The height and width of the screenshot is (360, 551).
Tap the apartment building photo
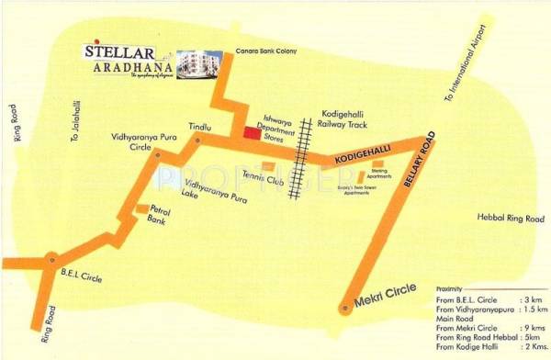coord(199,63)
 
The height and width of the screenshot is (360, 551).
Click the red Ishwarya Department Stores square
coord(251,134)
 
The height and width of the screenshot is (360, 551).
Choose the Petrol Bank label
coord(163,216)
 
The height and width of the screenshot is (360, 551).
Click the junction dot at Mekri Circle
coord(346,309)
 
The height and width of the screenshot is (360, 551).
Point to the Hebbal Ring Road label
coord(506,218)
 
